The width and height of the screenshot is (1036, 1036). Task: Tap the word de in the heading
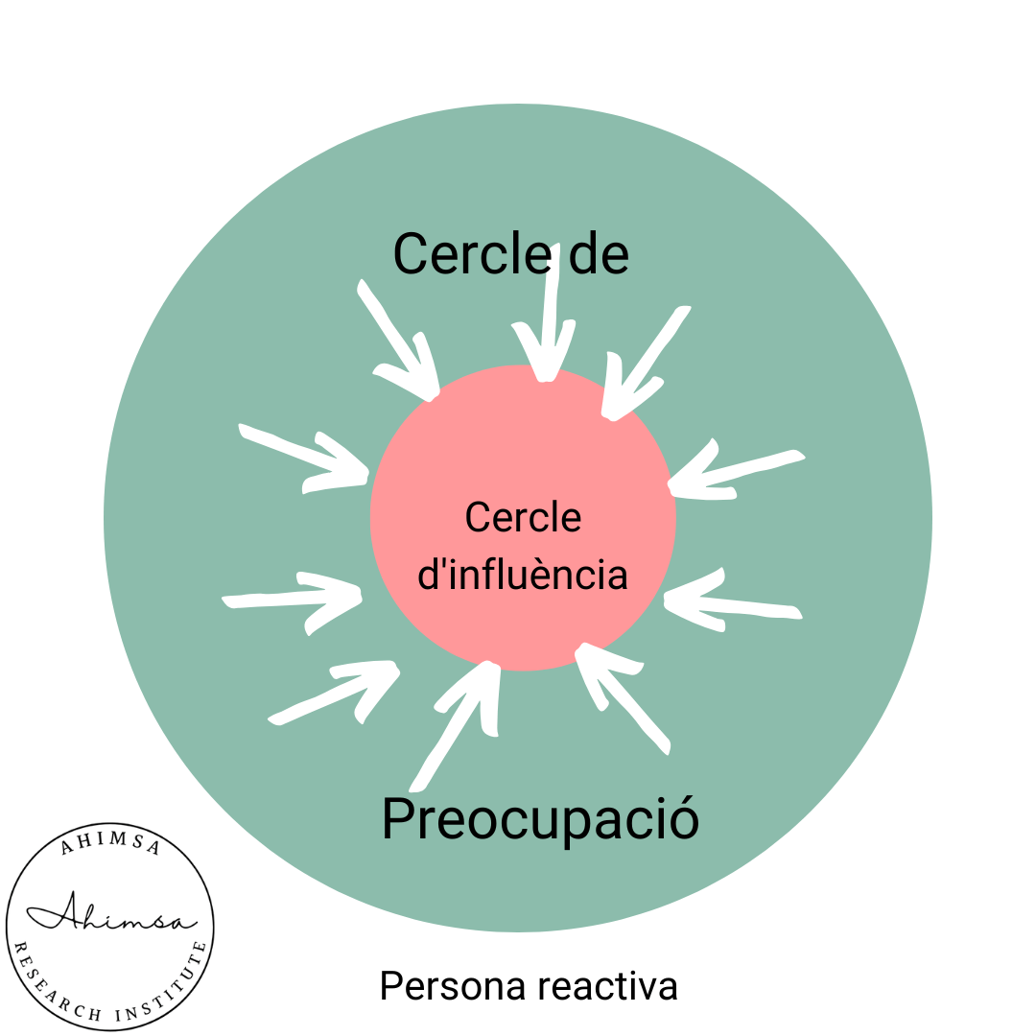click(597, 254)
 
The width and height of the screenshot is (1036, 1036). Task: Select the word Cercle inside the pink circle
click(523, 518)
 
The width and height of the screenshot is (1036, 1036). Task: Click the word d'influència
click(524, 576)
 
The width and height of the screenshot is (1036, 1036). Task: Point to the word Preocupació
click(540, 821)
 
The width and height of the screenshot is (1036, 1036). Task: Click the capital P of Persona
click(390, 987)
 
